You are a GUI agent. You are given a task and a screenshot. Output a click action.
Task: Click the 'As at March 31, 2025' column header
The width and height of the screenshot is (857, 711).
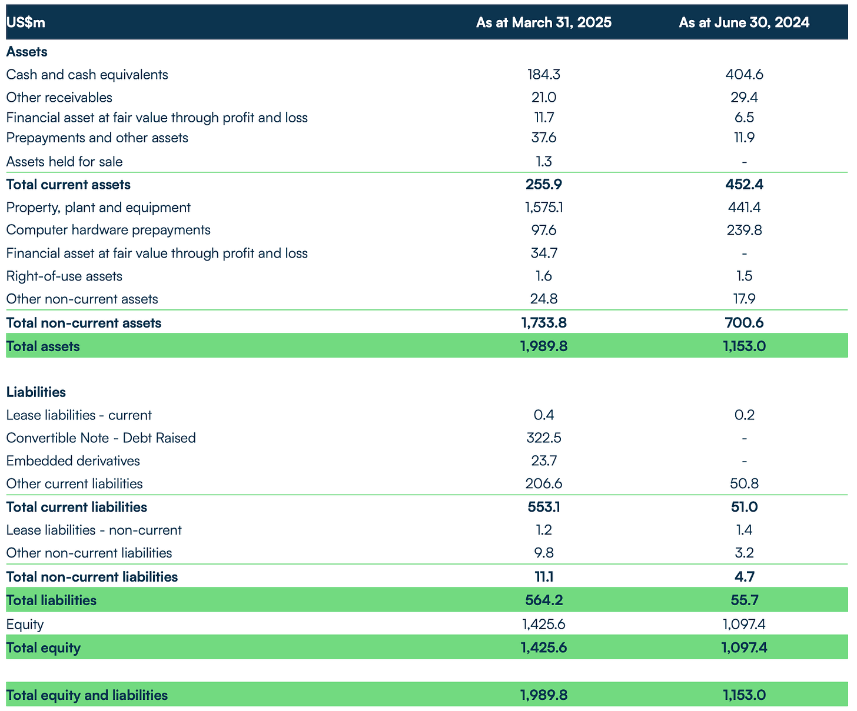[543, 22]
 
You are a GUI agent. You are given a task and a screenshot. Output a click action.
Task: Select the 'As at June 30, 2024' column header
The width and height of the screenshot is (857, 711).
[744, 22]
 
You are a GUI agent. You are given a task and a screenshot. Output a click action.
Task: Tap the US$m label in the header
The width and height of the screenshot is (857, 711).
[25, 22]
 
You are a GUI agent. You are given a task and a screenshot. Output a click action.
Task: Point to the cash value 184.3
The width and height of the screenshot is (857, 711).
[543, 75]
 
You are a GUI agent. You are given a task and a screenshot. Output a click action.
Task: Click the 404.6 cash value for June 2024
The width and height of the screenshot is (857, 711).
[744, 75]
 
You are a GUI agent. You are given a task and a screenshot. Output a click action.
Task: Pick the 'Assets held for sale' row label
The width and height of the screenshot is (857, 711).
[64, 162]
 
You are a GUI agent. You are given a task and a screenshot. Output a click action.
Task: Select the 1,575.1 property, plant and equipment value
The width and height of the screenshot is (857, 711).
[543, 208]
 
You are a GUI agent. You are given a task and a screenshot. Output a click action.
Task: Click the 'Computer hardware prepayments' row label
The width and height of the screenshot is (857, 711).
[108, 230]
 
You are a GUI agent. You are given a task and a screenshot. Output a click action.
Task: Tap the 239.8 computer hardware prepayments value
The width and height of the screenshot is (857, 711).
[744, 230]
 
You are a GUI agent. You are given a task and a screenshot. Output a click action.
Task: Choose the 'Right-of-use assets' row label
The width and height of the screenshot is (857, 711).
[64, 276]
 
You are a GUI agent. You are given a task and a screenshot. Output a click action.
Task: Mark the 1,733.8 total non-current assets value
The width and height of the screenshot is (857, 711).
[543, 323]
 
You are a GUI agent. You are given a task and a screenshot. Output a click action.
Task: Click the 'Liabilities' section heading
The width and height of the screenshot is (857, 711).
[36, 392]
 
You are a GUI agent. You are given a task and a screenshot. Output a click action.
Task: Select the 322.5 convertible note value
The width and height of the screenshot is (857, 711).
[543, 438]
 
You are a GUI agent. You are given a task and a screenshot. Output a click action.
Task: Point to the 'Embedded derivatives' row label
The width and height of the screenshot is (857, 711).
[73, 461]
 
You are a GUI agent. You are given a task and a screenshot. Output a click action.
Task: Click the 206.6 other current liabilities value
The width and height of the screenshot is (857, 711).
[543, 484]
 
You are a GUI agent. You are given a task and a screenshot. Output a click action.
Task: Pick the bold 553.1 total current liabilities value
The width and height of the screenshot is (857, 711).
[543, 507]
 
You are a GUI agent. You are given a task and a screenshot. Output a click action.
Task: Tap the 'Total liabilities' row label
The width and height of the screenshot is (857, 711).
[51, 600]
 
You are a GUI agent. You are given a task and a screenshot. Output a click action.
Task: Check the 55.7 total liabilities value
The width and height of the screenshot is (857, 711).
[744, 600]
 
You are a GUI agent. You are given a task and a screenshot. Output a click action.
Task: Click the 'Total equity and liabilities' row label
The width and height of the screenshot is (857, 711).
[87, 695]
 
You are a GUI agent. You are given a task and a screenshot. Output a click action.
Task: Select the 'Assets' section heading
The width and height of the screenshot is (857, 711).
[26, 52]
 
